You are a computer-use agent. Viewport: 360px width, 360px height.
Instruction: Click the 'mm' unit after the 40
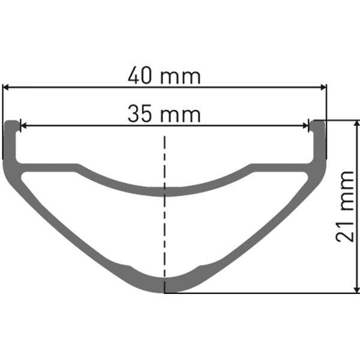click(x=180, y=77)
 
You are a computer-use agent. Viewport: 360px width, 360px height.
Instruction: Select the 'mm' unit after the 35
click(x=180, y=113)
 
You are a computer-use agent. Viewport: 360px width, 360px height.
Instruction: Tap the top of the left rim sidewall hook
click(x=12, y=122)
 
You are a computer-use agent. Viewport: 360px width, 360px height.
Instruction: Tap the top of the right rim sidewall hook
click(x=318, y=122)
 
